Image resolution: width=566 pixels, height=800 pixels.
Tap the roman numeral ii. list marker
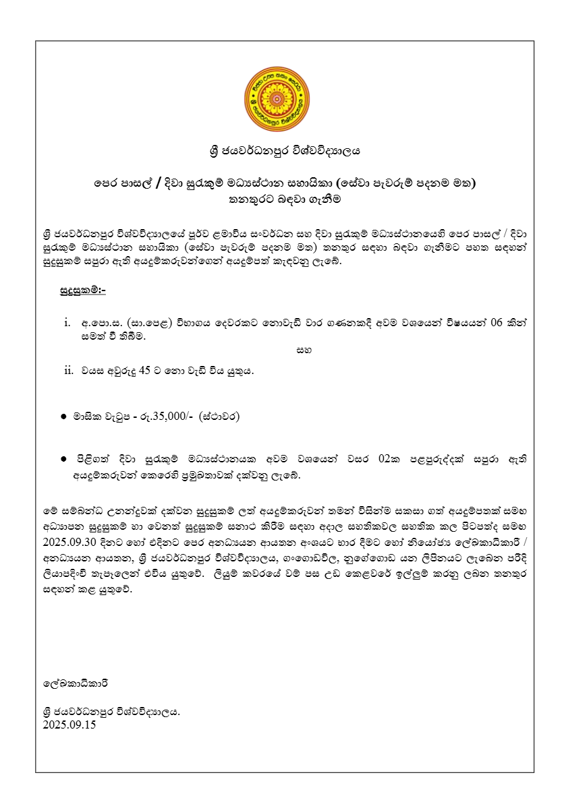click(67, 369)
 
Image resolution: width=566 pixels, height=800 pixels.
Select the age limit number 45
click(144, 369)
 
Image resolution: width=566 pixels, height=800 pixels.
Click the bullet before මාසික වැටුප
click(63, 417)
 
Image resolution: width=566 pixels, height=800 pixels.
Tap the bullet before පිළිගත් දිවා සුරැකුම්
click(63, 459)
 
